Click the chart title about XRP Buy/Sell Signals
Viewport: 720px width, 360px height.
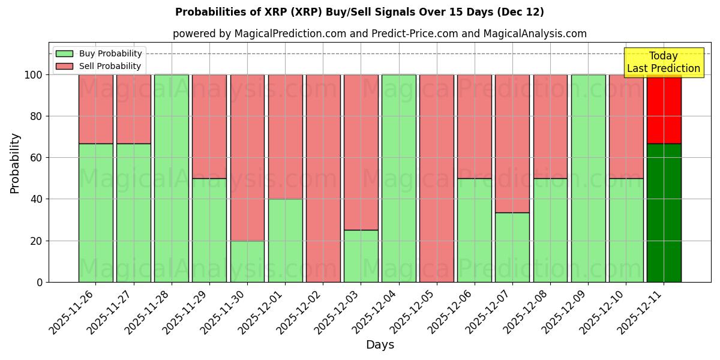(x=359, y=12)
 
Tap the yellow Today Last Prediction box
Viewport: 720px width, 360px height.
(x=663, y=62)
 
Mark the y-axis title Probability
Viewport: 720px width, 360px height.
(x=15, y=163)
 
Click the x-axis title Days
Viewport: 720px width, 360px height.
(x=380, y=345)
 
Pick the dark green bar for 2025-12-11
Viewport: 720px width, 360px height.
(x=664, y=213)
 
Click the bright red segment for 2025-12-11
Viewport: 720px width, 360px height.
(x=664, y=109)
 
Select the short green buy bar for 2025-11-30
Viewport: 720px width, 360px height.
(x=247, y=261)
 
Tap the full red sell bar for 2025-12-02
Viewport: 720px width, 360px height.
(x=323, y=178)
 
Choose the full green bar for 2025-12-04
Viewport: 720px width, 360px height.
(x=398, y=178)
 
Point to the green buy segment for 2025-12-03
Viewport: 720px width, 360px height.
(x=361, y=256)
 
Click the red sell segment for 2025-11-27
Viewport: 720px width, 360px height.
(x=133, y=109)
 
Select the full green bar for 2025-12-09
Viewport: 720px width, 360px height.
(x=588, y=178)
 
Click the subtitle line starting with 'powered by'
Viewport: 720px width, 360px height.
(x=379, y=34)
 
